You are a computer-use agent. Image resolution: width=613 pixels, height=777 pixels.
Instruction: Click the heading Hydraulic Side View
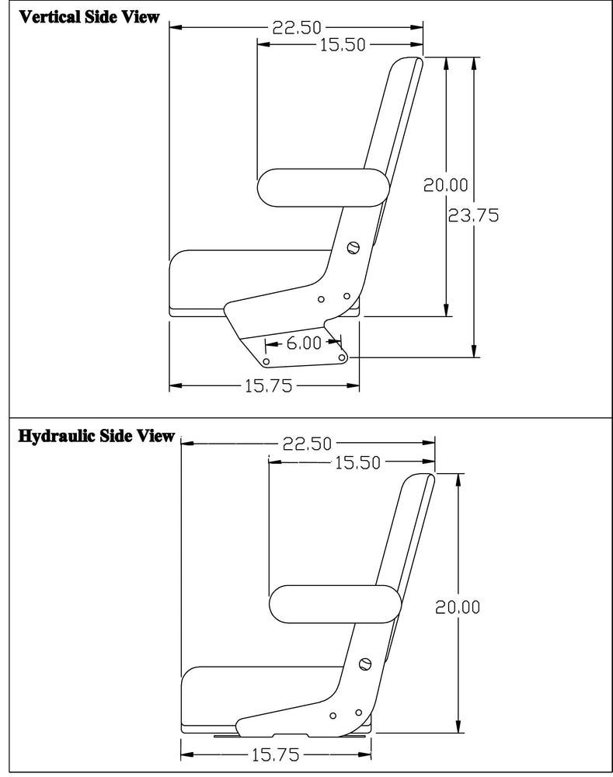(96, 436)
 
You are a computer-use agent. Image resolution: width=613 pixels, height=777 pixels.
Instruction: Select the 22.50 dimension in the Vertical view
(297, 28)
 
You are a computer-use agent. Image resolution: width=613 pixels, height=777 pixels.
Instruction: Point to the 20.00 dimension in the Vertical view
(445, 185)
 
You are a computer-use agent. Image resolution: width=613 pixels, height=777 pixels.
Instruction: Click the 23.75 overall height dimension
(473, 216)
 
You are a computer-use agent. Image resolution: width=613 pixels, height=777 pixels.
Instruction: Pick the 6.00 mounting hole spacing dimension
(303, 343)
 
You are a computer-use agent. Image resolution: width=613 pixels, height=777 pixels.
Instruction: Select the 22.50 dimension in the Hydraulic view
(307, 444)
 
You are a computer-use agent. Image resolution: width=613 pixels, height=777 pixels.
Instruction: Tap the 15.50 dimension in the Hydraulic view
(357, 463)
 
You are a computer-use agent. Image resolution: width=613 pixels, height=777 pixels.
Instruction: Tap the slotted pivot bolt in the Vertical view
(354, 248)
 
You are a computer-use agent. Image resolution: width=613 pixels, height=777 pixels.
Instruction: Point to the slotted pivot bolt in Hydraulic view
(365, 664)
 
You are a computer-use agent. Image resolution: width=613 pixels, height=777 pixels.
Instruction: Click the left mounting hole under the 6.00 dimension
(266, 362)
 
